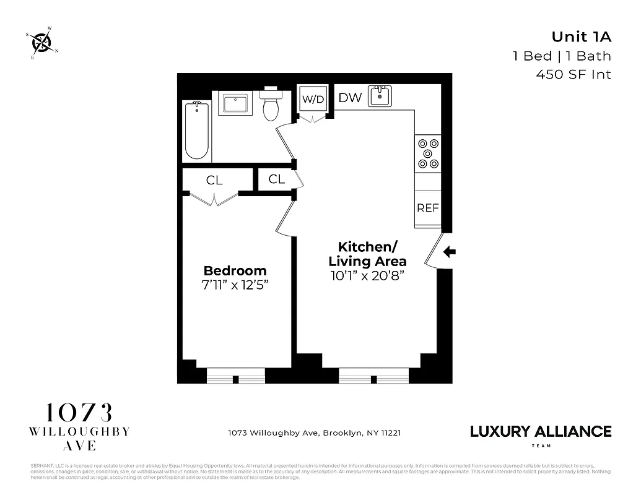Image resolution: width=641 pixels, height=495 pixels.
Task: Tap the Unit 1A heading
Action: point(581,37)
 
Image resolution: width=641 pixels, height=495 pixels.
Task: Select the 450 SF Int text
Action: point(573,75)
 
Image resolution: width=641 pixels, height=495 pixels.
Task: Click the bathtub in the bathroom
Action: point(197,131)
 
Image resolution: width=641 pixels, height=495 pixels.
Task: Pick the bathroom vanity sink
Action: point(235,103)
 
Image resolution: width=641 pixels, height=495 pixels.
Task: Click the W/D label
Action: point(313,99)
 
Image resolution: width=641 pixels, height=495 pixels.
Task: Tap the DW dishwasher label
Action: point(349,98)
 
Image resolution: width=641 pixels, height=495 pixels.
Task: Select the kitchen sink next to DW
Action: point(380,97)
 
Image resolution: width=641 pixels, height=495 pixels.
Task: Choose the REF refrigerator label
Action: point(427,208)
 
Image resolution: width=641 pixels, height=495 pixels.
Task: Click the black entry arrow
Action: point(450,252)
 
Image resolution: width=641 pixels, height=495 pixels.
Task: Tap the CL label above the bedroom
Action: point(214,181)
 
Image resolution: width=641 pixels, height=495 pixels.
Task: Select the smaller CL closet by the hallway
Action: point(276,179)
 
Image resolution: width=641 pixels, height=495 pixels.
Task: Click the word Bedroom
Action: point(235,270)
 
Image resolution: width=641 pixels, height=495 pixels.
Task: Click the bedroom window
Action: point(235,376)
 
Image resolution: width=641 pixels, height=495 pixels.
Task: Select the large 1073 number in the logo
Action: point(79,413)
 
